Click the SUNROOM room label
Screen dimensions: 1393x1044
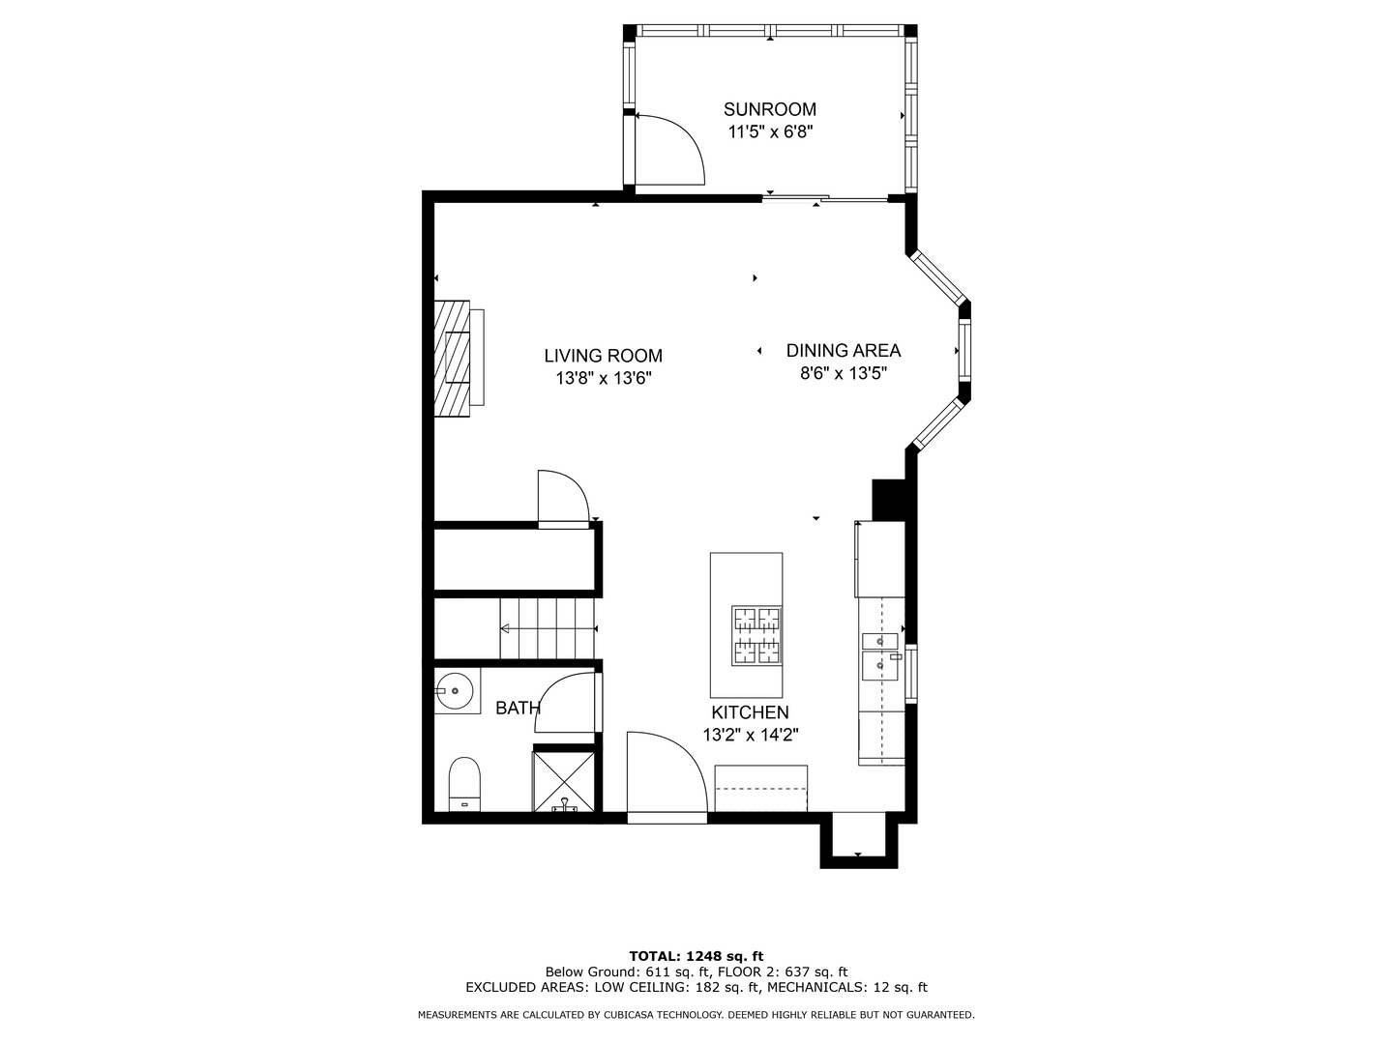(769, 109)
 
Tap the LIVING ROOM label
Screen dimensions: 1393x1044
(603, 356)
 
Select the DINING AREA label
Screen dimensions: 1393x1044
(843, 351)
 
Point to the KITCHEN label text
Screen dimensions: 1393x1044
(750, 711)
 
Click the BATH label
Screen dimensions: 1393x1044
(518, 708)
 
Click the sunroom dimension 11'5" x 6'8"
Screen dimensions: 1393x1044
(770, 131)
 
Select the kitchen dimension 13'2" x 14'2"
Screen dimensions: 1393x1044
(750, 735)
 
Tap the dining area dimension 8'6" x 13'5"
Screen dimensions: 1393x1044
(843, 373)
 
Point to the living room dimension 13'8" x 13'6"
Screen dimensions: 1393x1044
(604, 378)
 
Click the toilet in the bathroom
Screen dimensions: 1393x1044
(464, 784)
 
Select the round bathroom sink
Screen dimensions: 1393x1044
(455, 690)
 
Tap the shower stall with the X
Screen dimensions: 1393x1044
(564, 781)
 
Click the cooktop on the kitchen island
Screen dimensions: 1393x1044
(756, 636)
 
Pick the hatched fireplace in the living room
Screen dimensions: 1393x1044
(452, 358)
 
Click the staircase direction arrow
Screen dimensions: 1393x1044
(548, 628)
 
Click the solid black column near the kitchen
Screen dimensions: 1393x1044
(888, 500)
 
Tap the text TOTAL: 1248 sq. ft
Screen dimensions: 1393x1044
(696, 956)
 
